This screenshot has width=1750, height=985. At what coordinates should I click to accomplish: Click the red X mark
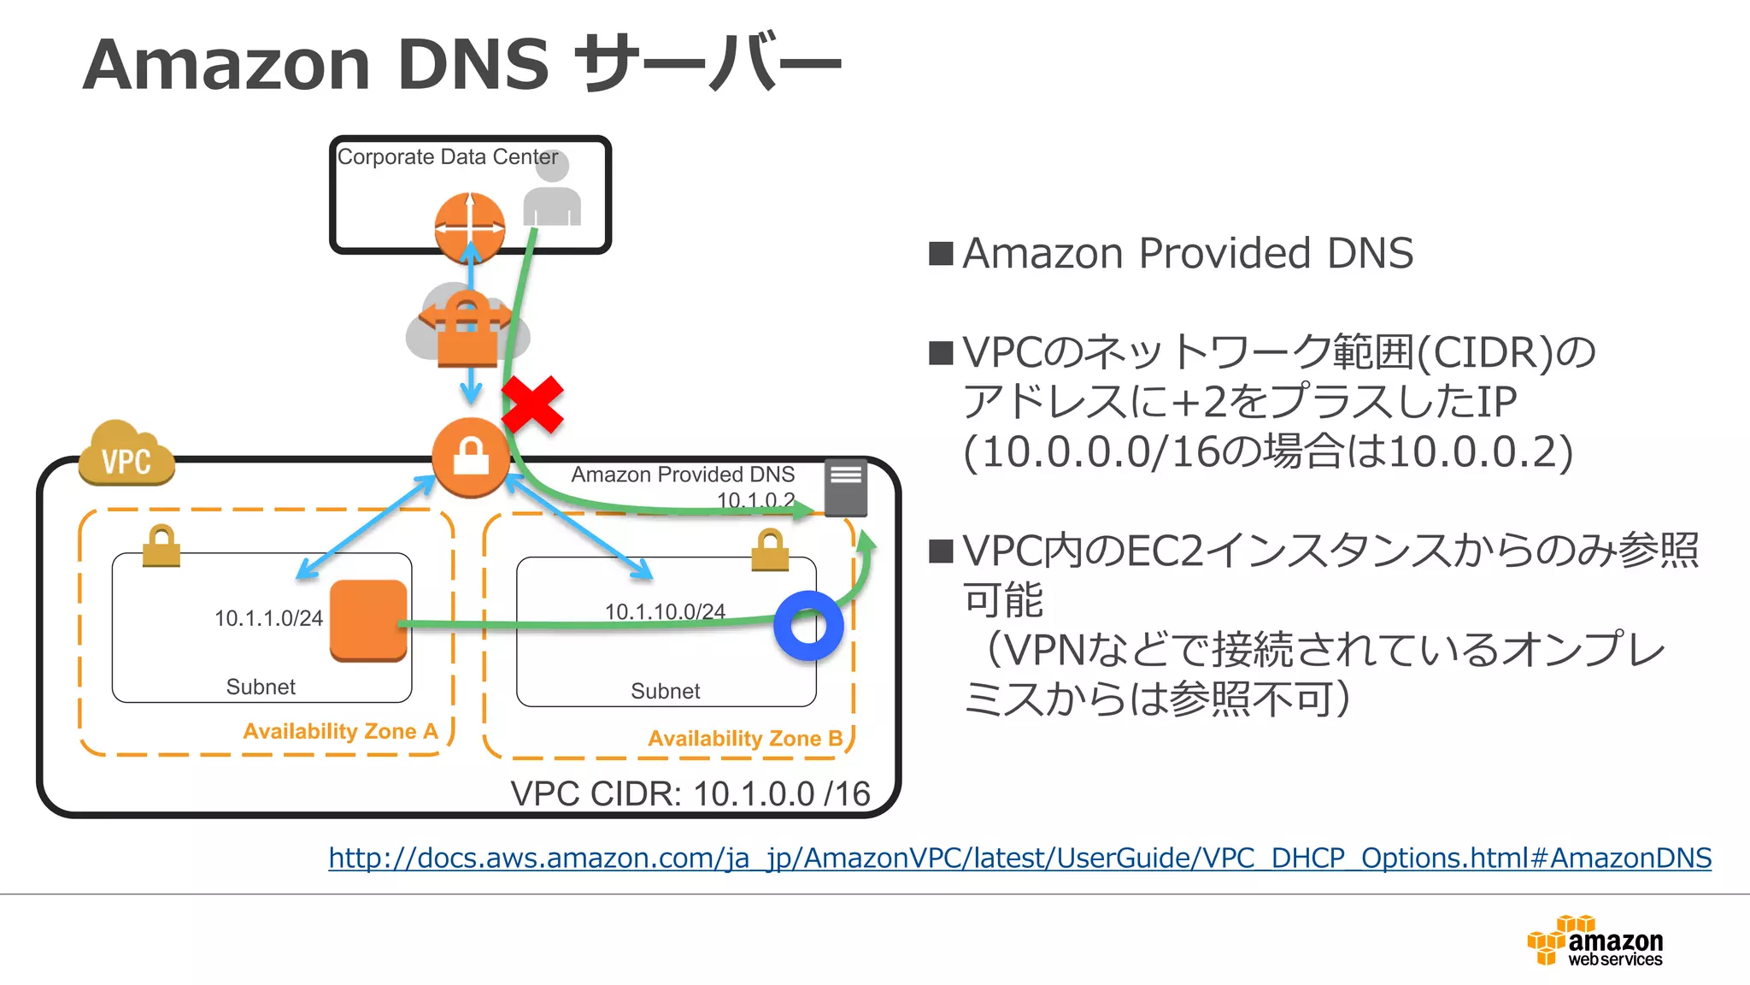[x=531, y=404]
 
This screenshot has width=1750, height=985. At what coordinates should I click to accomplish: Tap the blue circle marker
[x=808, y=626]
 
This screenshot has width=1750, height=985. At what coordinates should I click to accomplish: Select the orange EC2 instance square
[x=368, y=621]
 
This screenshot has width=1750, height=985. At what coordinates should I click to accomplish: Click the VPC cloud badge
[x=126, y=455]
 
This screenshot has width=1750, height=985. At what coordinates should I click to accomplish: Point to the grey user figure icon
[x=552, y=192]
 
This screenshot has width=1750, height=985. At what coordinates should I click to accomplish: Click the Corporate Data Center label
[x=447, y=157]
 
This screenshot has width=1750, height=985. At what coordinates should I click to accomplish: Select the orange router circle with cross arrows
[x=469, y=227]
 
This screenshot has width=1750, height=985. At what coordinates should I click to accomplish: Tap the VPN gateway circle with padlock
[x=471, y=457]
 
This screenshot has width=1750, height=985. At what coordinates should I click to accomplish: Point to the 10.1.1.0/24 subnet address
[x=268, y=618]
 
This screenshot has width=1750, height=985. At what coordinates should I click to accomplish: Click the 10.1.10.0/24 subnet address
[x=665, y=611]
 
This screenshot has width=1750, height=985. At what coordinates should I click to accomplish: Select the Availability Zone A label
[x=340, y=731]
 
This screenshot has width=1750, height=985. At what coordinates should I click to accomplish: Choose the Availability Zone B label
[x=745, y=738]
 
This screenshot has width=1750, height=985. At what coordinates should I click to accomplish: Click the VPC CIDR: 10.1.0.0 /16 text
[x=690, y=793]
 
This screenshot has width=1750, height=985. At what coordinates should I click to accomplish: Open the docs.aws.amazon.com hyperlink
[x=1019, y=858]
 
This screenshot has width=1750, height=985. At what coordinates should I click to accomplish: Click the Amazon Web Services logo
[x=1594, y=941]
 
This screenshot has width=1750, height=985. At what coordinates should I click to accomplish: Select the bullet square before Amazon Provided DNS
[x=941, y=254]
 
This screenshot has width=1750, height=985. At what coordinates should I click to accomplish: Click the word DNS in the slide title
[x=473, y=65]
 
